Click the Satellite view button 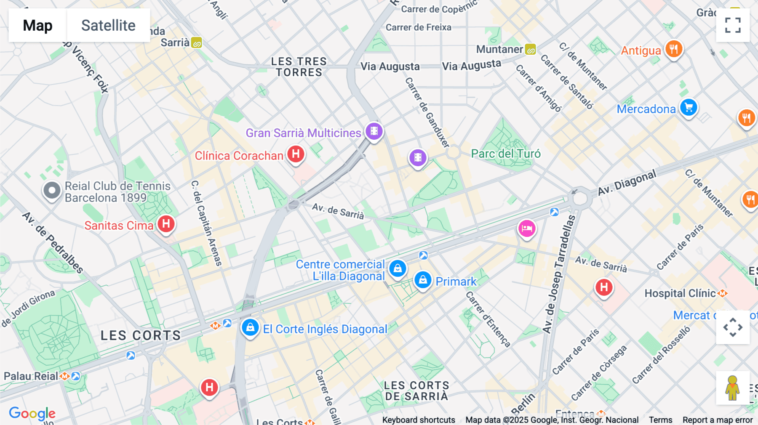coord(108,25)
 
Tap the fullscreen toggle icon coord(733,25)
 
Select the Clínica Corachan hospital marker coord(296,154)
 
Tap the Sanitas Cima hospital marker coord(166,224)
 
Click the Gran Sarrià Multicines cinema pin coord(374,131)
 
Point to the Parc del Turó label coord(505,154)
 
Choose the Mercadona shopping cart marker coord(689,108)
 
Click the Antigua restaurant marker coord(673,49)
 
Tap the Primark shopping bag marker coord(423,280)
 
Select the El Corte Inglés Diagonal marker coord(250,327)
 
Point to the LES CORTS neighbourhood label coord(141,335)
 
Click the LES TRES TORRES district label coord(299,67)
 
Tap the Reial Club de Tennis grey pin coord(52,191)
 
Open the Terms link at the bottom coord(660,420)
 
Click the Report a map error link coord(718,420)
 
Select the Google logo coord(32,413)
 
